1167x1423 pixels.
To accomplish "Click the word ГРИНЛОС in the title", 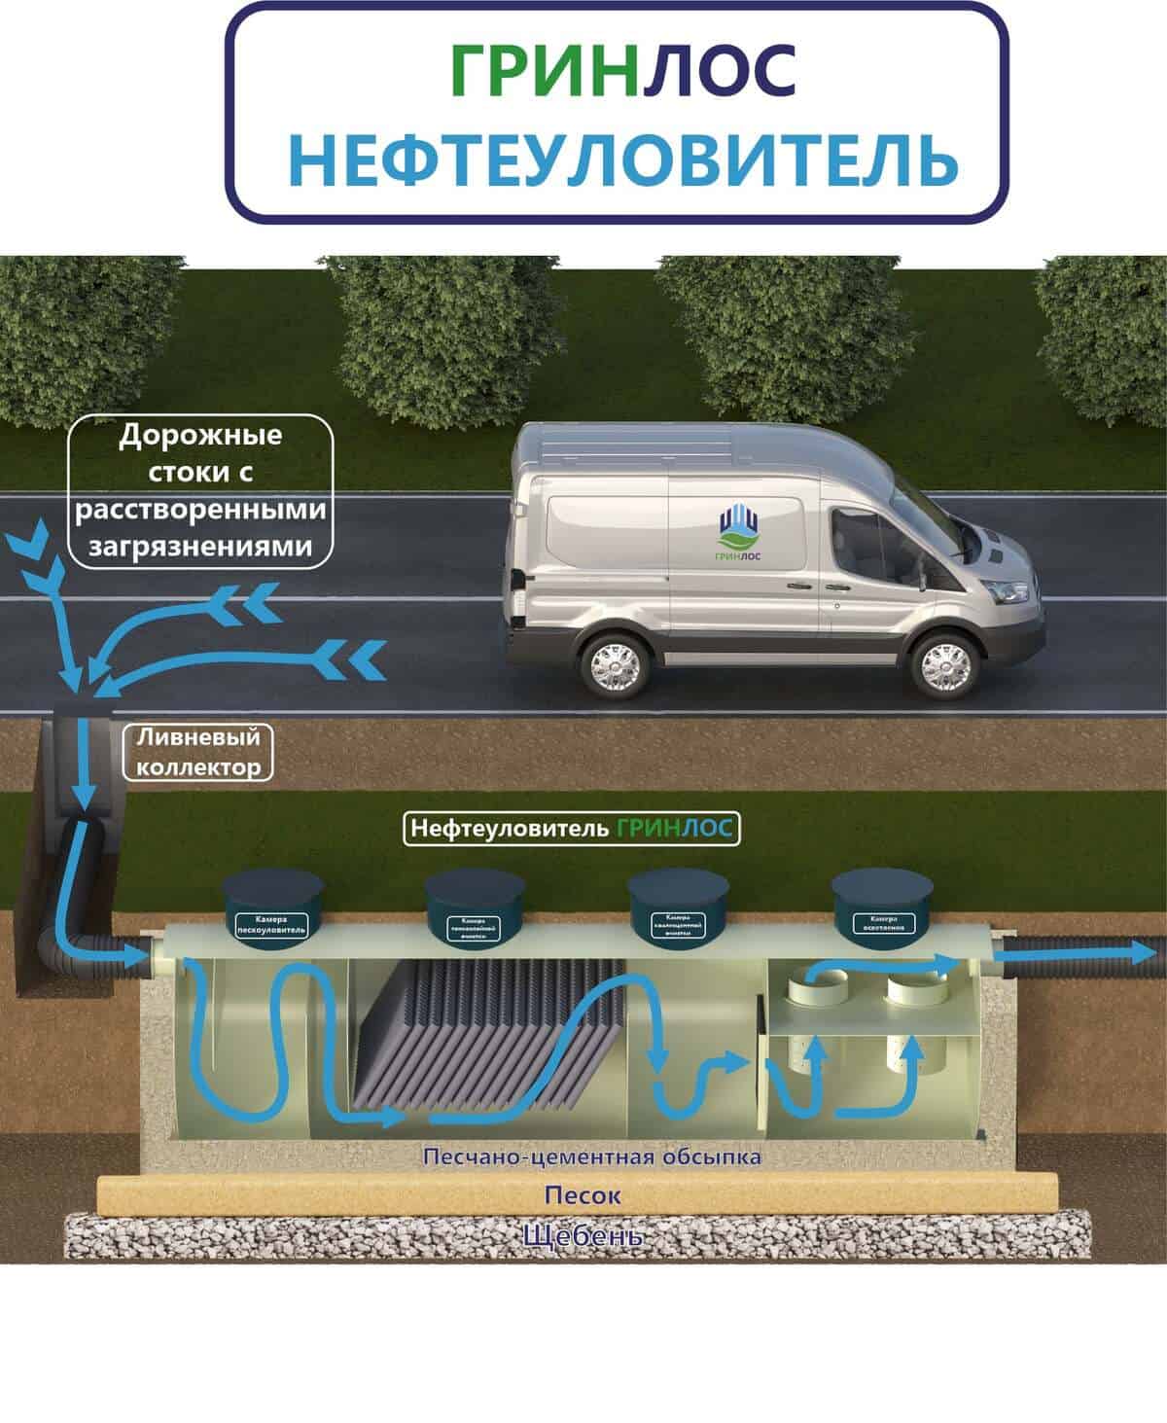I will [x=623, y=70].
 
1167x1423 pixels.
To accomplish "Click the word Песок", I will [x=582, y=1194].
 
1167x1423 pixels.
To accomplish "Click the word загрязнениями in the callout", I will [x=201, y=548].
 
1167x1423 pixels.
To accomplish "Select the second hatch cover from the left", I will [x=472, y=909].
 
